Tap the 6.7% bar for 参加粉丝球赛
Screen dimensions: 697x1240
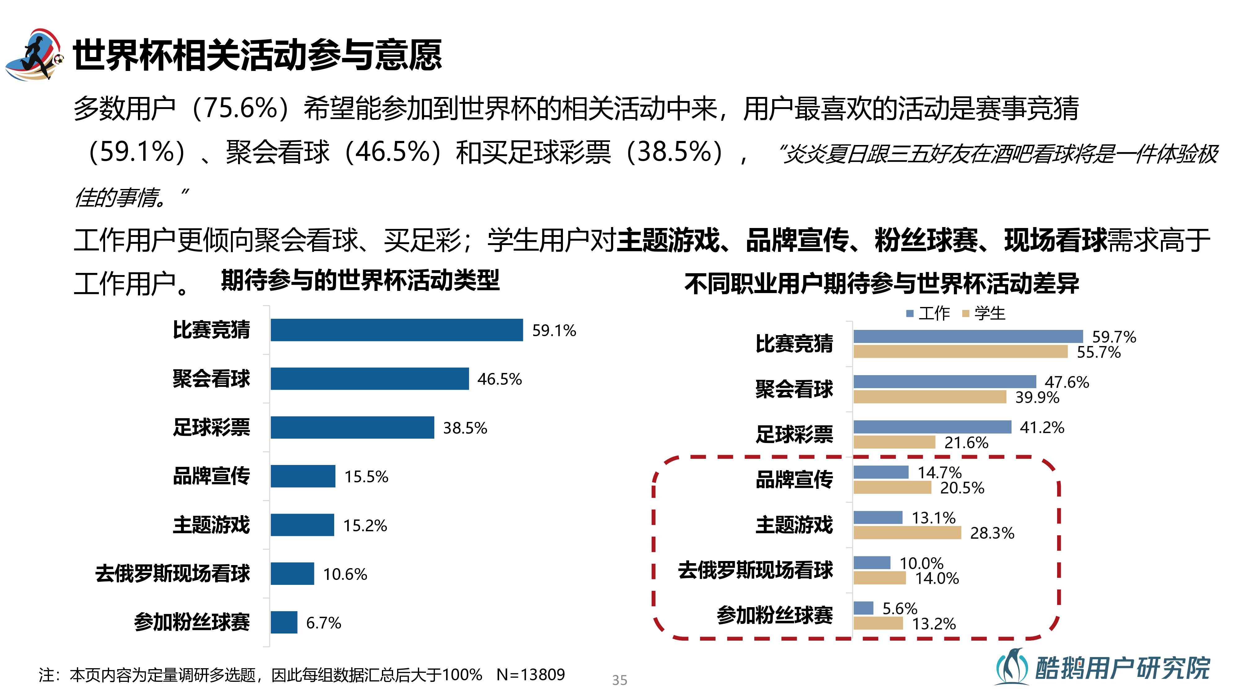point(284,622)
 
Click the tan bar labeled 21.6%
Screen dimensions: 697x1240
point(894,442)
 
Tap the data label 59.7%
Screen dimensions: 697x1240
point(1114,337)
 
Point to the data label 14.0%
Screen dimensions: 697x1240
point(937,578)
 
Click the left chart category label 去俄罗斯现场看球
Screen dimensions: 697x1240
point(172,573)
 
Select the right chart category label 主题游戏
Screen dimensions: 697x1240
point(794,525)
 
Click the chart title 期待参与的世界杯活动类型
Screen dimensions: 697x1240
point(360,280)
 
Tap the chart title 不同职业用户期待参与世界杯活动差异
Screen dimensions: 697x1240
point(881,283)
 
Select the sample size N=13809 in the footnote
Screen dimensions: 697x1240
point(530,675)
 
